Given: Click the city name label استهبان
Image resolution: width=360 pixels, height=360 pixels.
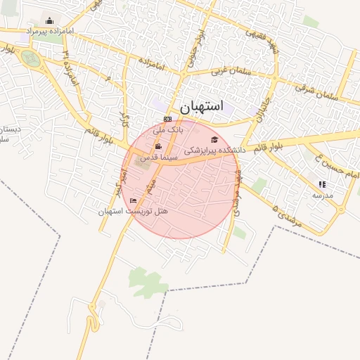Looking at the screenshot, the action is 201,107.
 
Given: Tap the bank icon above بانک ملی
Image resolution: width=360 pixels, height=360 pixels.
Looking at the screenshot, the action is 167,119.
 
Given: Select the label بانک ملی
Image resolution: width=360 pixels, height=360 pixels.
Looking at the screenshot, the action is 168,129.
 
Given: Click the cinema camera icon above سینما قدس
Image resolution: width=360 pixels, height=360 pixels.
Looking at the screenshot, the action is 158,147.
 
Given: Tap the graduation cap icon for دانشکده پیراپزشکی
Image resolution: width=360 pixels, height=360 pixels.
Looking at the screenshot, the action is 214,139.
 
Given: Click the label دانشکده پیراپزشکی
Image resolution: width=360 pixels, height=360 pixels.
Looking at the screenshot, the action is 214,150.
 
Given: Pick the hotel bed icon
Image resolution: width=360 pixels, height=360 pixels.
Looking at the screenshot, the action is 134,201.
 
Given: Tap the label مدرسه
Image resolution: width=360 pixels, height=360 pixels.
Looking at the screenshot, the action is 323,195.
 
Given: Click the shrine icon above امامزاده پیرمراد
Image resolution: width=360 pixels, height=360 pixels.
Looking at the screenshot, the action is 49,20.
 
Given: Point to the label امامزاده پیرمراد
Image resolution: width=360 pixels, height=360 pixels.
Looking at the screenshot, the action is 50,32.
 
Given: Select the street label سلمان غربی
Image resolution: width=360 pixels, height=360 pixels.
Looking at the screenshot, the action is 228,72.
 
